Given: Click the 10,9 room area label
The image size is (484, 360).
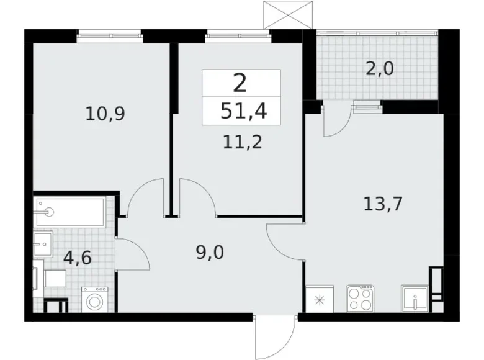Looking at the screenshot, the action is [x=105, y=114].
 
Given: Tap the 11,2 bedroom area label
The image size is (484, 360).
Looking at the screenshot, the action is [x=242, y=142].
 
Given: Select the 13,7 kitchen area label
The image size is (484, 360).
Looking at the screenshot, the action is [x=383, y=204].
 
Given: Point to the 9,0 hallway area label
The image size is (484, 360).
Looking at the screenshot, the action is [x=210, y=253].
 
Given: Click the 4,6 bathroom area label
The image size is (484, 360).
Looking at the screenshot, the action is [x=78, y=258].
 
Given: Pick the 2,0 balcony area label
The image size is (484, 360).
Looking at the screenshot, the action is [x=380, y=68].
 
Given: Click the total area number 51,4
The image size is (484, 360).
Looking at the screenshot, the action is [x=243, y=111].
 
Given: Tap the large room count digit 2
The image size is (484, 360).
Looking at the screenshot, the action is [x=240, y=83].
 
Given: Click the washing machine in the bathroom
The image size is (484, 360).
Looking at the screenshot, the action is [x=95, y=299].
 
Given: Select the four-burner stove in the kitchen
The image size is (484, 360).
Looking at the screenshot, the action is [x=360, y=299].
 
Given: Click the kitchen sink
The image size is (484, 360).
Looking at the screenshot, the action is [x=415, y=299].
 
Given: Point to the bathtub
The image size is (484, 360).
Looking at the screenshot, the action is [x=71, y=212].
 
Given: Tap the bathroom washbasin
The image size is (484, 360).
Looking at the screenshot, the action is [x=43, y=244].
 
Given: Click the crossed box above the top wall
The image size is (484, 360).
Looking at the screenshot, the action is [x=288, y=15].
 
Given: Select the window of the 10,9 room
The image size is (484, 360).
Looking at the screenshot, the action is [x=110, y=36].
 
